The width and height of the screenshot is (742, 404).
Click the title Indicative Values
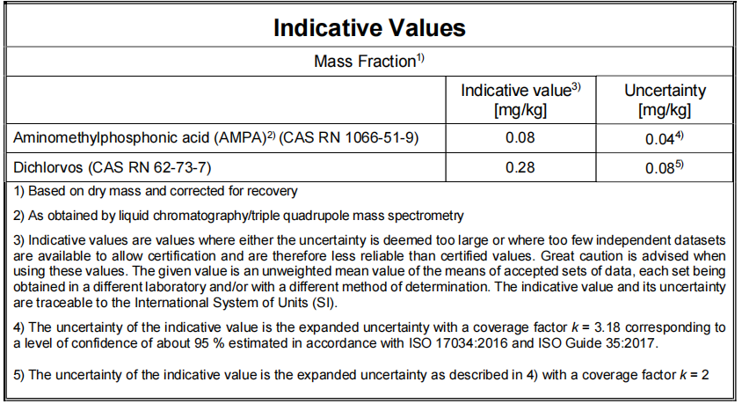pyautogui.click(x=369, y=27)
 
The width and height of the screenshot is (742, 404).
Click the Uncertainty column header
pyautogui.click(x=665, y=99)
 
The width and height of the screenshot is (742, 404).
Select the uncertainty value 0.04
pyautogui.click(x=662, y=138)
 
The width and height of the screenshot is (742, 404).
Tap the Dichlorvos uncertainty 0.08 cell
pyautogui.click(x=662, y=167)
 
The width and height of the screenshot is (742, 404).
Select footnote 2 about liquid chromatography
pyautogui.click(x=238, y=216)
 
